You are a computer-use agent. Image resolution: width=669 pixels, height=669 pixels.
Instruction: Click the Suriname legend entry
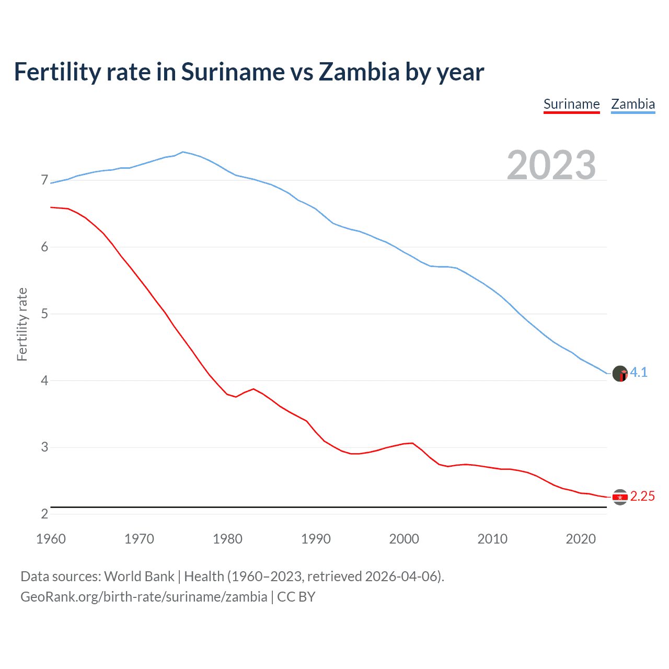point(571,104)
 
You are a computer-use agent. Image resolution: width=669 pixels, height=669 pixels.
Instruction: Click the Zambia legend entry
point(633,104)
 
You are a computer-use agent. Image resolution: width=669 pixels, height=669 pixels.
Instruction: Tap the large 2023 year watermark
point(551,165)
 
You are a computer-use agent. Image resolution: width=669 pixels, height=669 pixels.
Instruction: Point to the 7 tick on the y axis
point(44,180)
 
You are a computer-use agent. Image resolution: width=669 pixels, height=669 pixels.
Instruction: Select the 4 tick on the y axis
point(44,380)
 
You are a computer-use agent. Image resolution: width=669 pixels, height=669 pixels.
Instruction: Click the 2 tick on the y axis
point(44,514)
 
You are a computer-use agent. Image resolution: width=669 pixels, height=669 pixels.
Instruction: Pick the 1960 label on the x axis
point(51,539)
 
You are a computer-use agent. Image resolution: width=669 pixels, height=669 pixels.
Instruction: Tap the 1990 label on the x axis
point(316,539)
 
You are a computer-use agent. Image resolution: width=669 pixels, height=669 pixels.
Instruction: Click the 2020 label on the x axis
point(581,539)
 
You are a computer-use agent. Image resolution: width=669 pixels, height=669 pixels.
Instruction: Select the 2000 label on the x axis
point(404,539)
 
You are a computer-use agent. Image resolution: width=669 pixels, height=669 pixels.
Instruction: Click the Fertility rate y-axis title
point(22,324)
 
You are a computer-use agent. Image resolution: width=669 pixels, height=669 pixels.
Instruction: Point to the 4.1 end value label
point(639,372)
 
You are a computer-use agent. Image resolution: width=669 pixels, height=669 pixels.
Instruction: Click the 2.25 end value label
point(642,496)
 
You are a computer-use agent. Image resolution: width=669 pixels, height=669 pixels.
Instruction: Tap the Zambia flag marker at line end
point(620,374)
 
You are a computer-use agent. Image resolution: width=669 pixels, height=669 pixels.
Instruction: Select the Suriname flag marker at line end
point(620,497)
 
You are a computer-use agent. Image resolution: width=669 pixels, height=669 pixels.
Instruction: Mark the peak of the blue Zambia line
point(182,152)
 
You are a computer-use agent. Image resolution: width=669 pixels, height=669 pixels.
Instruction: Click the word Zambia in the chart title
point(359,72)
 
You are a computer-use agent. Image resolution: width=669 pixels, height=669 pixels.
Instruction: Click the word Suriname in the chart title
point(233,72)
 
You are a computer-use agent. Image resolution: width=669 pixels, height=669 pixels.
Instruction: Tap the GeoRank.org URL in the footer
point(144,597)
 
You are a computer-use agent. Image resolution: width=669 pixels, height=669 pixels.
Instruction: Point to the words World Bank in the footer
point(139,576)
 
